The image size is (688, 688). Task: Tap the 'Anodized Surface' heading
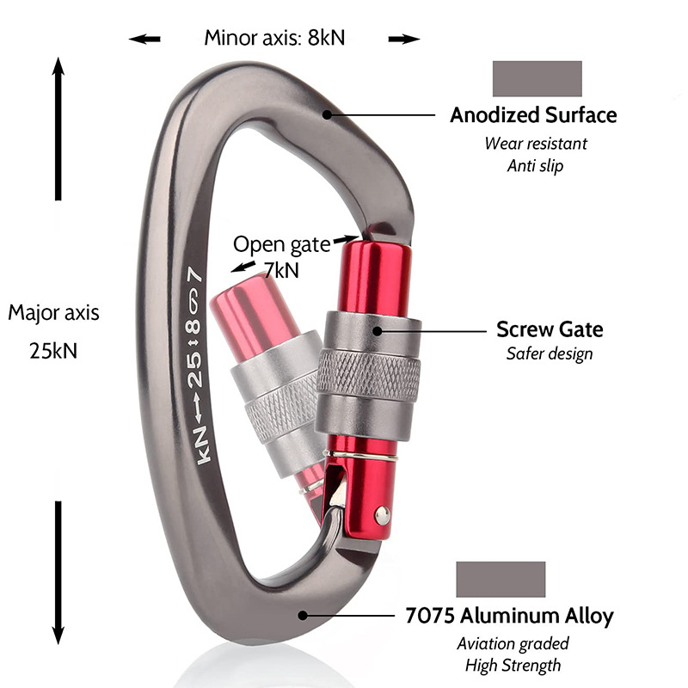tap(533, 115)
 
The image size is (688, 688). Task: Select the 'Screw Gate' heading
tap(550, 329)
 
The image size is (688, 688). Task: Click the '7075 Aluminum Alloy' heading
tap(509, 616)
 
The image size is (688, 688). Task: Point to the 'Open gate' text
tap(281, 245)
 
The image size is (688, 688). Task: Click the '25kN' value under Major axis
tap(53, 351)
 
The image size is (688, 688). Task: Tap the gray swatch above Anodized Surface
tap(537, 78)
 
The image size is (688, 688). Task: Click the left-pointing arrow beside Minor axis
tap(144, 39)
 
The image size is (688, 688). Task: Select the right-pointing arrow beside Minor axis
tap(403, 39)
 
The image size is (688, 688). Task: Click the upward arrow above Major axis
tap(58, 129)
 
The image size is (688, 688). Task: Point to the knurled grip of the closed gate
tap(369, 377)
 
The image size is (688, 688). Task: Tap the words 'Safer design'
tap(550, 353)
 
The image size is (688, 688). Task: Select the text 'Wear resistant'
tap(535, 143)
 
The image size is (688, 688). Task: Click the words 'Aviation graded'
tap(513, 643)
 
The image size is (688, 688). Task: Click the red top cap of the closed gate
tap(372, 275)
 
